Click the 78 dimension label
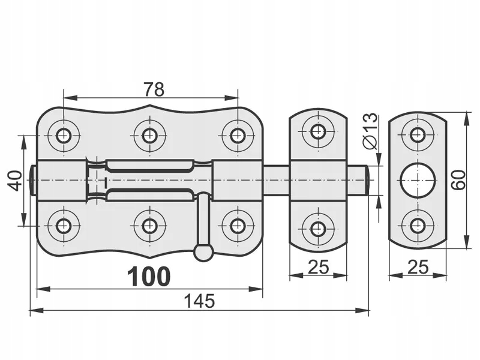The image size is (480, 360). click(x=154, y=89)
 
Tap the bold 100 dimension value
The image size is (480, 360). click(x=149, y=277)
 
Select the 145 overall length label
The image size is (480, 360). click(x=200, y=301)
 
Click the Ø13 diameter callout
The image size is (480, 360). click(x=370, y=130)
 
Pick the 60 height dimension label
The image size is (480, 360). click(x=459, y=179)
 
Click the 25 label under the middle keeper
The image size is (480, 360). click(x=318, y=267)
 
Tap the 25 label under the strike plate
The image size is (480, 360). click(x=418, y=267)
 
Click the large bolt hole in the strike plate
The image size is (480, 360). click(x=418, y=180)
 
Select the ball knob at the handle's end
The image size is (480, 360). click(x=203, y=253)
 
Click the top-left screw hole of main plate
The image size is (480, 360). click(x=64, y=135)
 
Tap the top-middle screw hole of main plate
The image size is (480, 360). click(x=149, y=135)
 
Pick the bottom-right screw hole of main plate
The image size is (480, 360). click(x=238, y=226)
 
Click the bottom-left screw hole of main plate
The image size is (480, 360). click(x=64, y=226)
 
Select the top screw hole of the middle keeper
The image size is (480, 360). click(x=318, y=131)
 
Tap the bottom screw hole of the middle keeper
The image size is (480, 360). click(x=318, y=228)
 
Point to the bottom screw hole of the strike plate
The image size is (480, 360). click(x=418, y=226)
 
